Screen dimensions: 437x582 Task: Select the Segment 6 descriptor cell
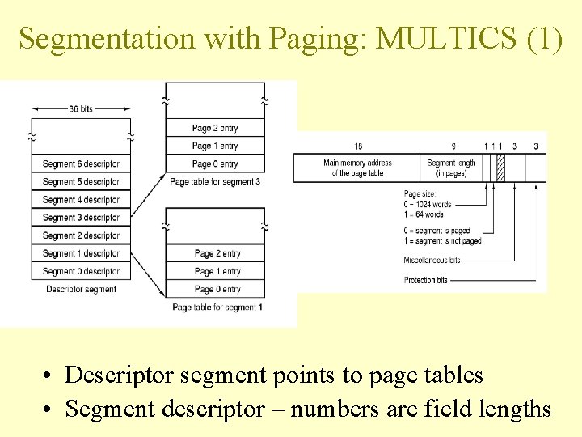(x=81, y=163)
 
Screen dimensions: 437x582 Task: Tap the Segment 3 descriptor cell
(x=81, y=218)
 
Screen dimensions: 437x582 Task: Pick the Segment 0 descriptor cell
(x=81, y=271)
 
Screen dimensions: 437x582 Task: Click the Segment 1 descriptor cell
(x=81, y=253)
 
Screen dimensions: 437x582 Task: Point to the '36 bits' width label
(x=81, y=108)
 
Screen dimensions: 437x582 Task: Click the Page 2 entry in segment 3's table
(x=215, y=128)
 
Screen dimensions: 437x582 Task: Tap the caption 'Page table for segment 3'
(x=215, y=182)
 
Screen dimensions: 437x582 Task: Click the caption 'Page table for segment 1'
(x=217, y=308)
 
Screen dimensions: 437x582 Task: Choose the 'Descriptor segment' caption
(x=81, y=289)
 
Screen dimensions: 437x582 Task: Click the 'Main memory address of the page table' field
(x=357, y=168)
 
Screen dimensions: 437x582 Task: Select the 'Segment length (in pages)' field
(x=451, y=168)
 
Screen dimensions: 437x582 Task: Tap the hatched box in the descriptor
(x=500, y=168)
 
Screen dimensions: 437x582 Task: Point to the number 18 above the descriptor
(x=357, y=146)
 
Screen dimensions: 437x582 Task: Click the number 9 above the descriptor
(x=453, y=146)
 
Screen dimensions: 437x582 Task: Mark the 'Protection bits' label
(x=425, y=280)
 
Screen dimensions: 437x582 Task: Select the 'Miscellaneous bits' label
(x=432, y=260)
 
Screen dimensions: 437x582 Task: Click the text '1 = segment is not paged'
(x=442, y=240)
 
